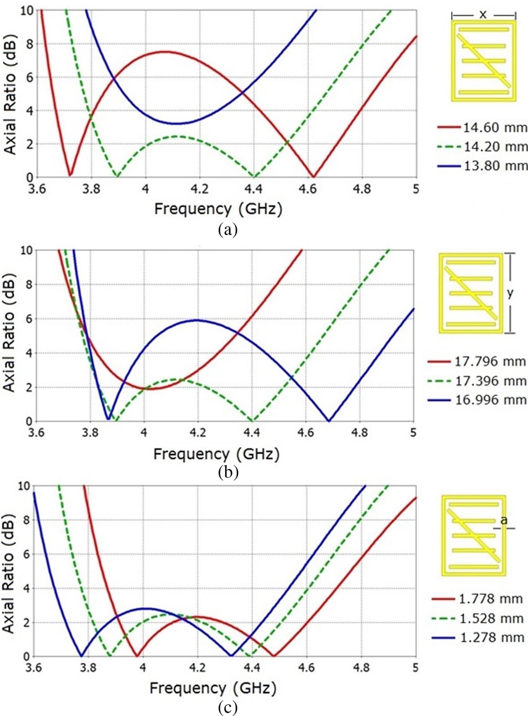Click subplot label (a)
[x=228, y=229]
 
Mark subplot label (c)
[x=227, y=707]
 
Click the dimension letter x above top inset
[x=483, y=15]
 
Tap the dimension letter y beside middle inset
[x=510, y=293]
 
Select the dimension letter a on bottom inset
[x=504, y=521]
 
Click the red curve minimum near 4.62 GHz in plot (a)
[x=313, y=176]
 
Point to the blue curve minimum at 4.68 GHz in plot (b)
[x=329, y=421]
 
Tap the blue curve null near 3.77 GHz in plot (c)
[x=81, y=656]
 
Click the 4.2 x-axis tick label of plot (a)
[x=199, y=189]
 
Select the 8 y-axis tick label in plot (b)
[x=29, y=284]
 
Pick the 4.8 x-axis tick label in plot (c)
[x=361, y=668]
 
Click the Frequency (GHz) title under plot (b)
[x=216, y=454]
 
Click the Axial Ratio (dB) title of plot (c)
[x=8, y=570]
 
